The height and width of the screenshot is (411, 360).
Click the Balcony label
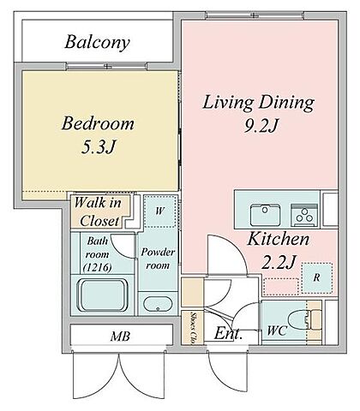(x=97, y=43)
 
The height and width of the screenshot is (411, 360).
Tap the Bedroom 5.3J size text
(x=99, y=147)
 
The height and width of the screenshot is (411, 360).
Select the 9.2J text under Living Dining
(x=261, y=125)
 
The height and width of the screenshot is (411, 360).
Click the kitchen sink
(x=265, y=215)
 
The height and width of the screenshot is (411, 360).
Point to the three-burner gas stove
(x=304, y=215)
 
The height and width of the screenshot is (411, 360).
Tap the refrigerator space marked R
(x=317, y=277)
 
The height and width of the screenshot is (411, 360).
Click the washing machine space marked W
(x=159, y=211)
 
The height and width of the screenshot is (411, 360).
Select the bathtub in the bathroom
(x=104, y=295)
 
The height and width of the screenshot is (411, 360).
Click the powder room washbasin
(x=158, y=304)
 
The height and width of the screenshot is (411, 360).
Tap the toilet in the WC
(x=300, y=321)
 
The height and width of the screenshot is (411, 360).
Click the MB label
(x=120, y=337)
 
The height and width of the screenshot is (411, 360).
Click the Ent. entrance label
(x=228, y=333)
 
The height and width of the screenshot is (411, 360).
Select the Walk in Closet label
(x=98, y=211)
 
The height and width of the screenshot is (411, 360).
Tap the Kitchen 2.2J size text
(x=278, y=263)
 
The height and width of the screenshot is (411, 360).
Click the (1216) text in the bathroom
(x=97, y=267)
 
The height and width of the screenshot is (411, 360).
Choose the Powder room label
(x=158, y=259)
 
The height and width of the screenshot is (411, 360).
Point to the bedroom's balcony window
(x=107, y=66)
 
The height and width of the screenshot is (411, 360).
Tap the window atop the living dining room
(x=255, y=15)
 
